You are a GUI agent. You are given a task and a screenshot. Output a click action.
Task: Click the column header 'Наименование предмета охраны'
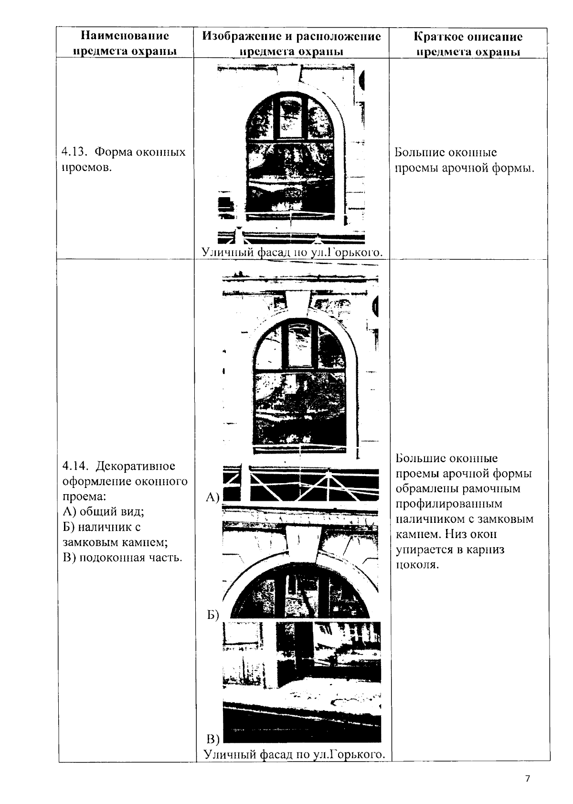[x=125, y=43]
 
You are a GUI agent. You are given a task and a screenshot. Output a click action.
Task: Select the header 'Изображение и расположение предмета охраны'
[x=291, y=43]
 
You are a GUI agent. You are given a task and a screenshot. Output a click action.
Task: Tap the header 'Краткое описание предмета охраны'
[x=468, y=43]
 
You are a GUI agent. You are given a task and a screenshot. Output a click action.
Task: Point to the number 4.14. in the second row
[x=75, y=465]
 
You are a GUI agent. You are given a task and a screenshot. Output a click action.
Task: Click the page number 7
[x=527, y=779]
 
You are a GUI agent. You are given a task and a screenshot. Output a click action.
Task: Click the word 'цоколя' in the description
[x=417, y=565]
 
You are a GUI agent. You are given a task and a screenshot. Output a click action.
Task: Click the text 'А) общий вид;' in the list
[x=103, y=512]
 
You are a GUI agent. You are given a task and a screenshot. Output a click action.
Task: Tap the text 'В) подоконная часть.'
[x=123, y=558]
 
